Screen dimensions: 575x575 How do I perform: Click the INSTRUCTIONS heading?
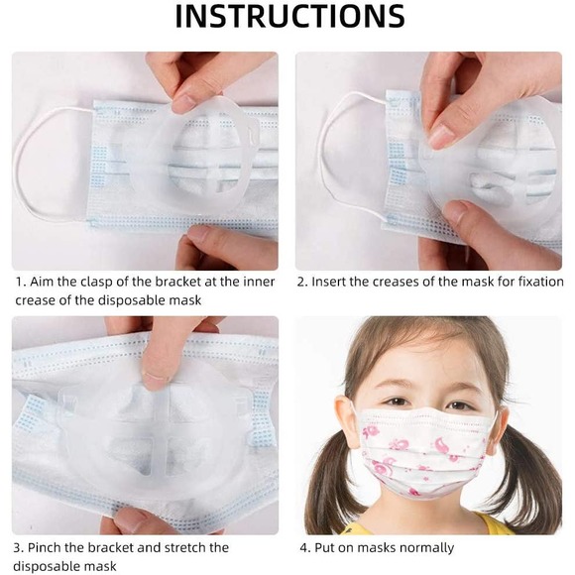tap(290, 17)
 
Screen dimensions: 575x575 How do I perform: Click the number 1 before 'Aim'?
tap(20, 282)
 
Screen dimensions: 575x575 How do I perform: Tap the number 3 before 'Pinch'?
tap(18, 548)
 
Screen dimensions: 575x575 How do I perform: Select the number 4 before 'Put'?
tap(304, 548)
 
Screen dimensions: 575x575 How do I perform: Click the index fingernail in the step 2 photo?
tap(441, 137)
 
